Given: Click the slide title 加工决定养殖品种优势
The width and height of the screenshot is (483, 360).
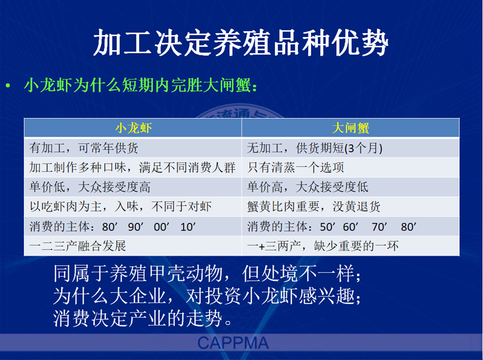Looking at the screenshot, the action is (x=241, y=42).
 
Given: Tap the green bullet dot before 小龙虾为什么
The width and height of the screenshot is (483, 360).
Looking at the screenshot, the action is (x=8, y=86).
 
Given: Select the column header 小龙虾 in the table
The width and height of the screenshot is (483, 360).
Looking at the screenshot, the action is (x=133, y=128).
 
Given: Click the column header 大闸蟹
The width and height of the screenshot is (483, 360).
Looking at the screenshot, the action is (x=351, y=128).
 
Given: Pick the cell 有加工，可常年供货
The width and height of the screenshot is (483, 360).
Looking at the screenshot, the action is (x=84, y=148).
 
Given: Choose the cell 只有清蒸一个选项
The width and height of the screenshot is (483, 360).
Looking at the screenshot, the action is (x=295, y=168).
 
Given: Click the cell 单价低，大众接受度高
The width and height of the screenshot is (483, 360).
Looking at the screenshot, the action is (x=90, y=187).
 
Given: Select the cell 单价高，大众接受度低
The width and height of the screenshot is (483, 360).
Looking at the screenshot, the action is (x=307, y=187).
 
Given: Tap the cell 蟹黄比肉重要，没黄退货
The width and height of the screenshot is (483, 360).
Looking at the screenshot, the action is (x=314, y=207).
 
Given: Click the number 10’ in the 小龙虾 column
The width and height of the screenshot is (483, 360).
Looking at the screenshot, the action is (x=188, y=227).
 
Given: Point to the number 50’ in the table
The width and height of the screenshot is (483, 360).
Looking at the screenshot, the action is (x=327, y=227).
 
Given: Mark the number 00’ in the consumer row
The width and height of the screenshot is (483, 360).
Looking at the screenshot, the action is (x=161, y=227).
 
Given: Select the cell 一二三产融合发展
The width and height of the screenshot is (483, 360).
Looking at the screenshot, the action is (x=78, y=246).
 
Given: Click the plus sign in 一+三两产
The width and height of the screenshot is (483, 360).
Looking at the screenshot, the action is (x=261, y=246).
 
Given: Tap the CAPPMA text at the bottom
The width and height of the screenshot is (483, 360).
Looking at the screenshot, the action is (x=233, y=343).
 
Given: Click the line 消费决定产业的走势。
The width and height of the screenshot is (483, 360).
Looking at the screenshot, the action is (x=143, y=318).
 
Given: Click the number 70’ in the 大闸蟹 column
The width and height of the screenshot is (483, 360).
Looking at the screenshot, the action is (x=379, y=227).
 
